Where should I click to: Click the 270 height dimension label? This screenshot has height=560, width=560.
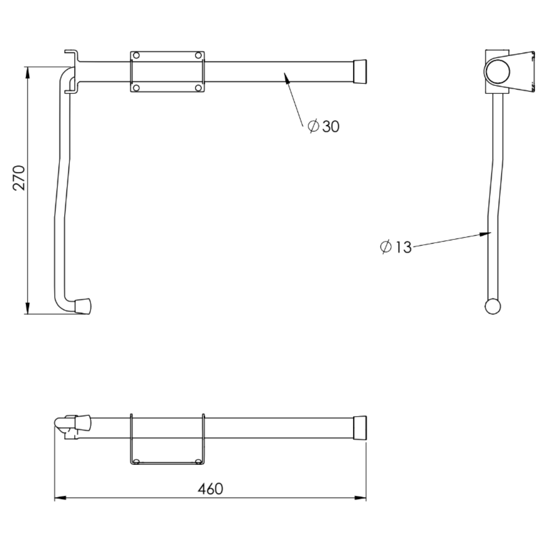click(x=19, y=178)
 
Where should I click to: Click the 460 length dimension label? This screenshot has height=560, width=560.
click(x=210, y=489)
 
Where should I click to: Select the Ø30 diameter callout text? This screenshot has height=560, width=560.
click(x=324, y=126)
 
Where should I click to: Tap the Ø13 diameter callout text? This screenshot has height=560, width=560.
click(x=396, y=247)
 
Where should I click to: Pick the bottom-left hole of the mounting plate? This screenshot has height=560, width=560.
click(x=136, y=88)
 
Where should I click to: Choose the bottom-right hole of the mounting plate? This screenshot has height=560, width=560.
click(x=198, y=88)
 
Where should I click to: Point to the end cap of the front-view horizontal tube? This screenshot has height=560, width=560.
click(x=359, y=72)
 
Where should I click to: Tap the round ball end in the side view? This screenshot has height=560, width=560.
click(x=493, y=306)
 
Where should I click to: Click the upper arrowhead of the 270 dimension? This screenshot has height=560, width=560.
click(x=27, y=71)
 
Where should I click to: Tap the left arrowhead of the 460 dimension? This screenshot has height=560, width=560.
click(x=59, y=498)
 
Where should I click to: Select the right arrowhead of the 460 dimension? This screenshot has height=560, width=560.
click(x=362, y=498)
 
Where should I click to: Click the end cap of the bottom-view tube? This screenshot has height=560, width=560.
click(x=359, y=427)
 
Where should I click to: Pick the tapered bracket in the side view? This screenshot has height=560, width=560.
click(x=521, y=70)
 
